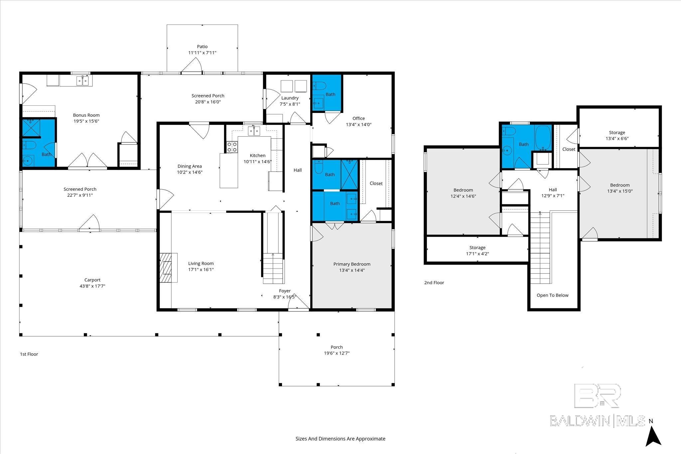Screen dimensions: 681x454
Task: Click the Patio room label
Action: (x=202, y=47)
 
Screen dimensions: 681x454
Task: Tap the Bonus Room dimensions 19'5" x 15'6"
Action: (x=86, y=121)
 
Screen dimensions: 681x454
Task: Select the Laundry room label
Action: (x=290, y=98)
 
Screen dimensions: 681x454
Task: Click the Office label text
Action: (x=358, y=118)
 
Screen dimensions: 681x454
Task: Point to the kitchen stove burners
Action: (x=232, y=147)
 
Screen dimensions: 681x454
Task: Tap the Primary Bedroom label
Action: (x=352, y=264)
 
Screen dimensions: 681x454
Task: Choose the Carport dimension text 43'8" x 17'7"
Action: (x=92, y=286)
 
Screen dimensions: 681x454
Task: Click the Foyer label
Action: (x=285, y=291)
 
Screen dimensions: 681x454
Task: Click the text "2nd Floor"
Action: (x=434, y=283)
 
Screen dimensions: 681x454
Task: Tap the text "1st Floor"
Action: (x=29, y=354)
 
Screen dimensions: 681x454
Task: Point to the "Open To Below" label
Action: (x=552, y=295)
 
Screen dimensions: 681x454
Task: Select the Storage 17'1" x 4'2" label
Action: (x=477, y=251)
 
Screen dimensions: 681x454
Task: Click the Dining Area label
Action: (x=190, y=166)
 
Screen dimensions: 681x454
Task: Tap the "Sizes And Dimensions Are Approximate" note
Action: (x=340, y=439)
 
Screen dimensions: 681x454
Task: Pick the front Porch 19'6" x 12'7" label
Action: (x=337, y=350)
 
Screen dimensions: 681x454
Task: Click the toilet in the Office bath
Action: (x=319, y=86)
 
